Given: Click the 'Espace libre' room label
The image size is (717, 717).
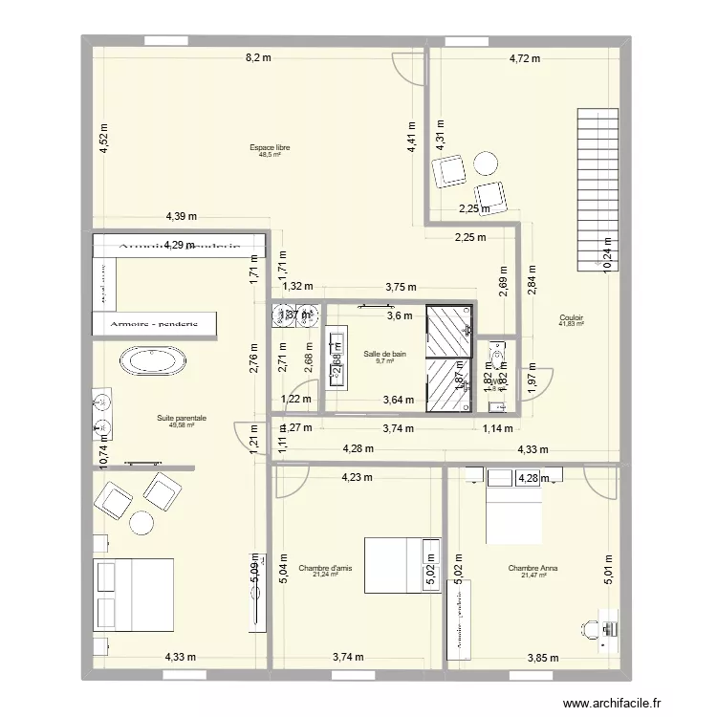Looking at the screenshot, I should pos(270,148).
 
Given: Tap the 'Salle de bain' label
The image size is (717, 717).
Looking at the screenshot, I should pos(385,354).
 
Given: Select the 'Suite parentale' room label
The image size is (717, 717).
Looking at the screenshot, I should pos(182,418).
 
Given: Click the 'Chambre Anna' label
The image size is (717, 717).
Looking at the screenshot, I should pos(533,568).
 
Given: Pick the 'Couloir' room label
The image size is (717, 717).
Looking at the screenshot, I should pos(572,317).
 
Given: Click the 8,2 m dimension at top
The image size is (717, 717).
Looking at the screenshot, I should pos(258,58).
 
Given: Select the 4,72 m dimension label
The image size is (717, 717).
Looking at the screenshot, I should pos(523,58).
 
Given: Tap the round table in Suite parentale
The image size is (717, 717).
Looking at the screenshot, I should pos(141,522).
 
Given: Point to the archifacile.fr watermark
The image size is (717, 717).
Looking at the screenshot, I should pos(612,704).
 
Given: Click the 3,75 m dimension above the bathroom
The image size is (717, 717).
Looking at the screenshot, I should pos(401,285).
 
